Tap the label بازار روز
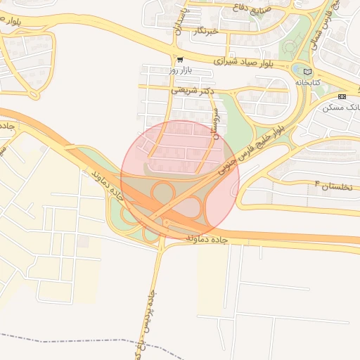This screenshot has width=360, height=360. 181,71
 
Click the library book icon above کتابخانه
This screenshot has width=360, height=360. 307,71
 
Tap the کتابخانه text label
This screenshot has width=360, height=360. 307,82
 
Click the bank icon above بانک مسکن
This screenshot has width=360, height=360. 342,96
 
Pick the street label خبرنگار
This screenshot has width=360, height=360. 208,31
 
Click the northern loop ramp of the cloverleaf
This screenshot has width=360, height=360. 165,191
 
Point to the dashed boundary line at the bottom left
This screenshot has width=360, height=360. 70,338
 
